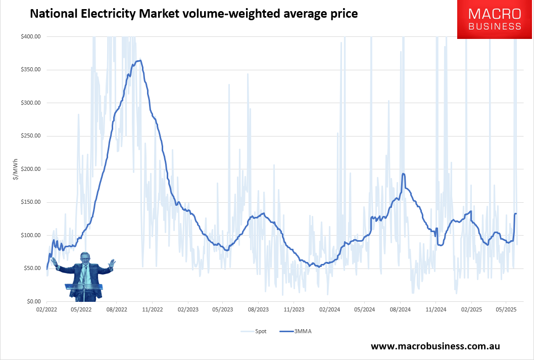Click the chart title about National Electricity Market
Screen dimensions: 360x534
(193, 14)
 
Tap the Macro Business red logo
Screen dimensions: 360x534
(495, 20)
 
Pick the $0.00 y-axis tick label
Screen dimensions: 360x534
(33, 301)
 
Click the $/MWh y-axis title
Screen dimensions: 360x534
(16, 169)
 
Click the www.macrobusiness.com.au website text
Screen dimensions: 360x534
(435, 346)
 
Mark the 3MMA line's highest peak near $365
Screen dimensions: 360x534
(140, 61)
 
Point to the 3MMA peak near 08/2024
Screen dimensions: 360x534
(403, 174)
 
